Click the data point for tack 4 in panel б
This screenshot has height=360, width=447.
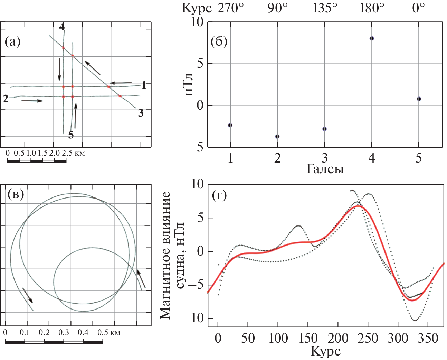tap(372, 38)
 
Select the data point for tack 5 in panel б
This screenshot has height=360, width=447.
tap(419, 99)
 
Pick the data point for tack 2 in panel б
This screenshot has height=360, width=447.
tap(277, 136)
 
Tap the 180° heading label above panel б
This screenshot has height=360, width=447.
tap(372, 8)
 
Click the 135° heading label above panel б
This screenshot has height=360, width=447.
tap(325, 8)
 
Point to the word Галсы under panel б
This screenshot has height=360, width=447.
tap(325, 169)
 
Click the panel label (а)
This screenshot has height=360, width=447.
tap(12, 42)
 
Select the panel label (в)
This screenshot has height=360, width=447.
tap(16, 194)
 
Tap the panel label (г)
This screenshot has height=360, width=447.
tap(220, 195)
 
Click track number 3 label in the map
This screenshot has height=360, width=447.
tap(141, 113)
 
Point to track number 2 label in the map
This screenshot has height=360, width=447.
tap(6, 99)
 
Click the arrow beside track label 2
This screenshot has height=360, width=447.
tap(32, 101)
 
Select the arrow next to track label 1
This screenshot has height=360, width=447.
tap(121, 83)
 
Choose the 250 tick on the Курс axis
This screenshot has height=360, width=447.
tap(368, 338)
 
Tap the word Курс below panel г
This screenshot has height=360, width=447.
tap(325, 351)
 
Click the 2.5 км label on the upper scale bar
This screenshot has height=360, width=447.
tap(73, 153)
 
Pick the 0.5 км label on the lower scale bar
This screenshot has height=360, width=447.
tap(109, 333)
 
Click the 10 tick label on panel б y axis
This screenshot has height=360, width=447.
tap(198, 22)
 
